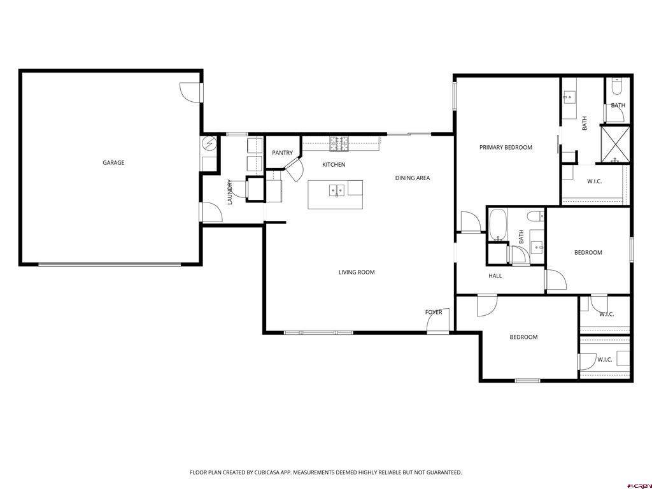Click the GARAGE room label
(x=113, y=162)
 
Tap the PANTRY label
(x=282, y=153)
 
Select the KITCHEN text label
(x=334, y=165)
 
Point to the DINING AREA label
(x=413, y=178)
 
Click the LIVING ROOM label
(x=357, y=273)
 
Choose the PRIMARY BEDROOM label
(x=506, y=147)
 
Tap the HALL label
(x=495, y=276)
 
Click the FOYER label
(x=433, y=312)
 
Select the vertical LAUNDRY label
(x=229, y=192)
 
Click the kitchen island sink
(x=337, y=190)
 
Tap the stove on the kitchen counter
(x=339, y=144)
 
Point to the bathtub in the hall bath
(x=497, y=225)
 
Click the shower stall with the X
(x=616, y=145)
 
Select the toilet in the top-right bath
(x=616, y=86)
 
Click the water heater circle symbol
(x=209, y=144)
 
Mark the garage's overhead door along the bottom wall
(x=110, y=264)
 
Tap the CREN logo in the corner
(x=641, y=486)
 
